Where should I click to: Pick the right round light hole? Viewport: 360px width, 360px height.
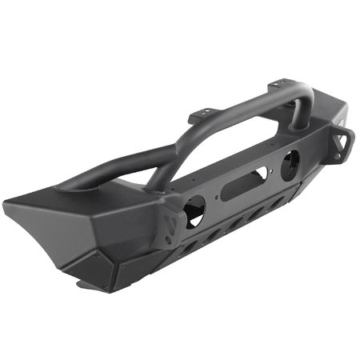(x=290, y=162)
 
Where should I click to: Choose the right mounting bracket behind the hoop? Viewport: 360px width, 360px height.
(x=277, y=83)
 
